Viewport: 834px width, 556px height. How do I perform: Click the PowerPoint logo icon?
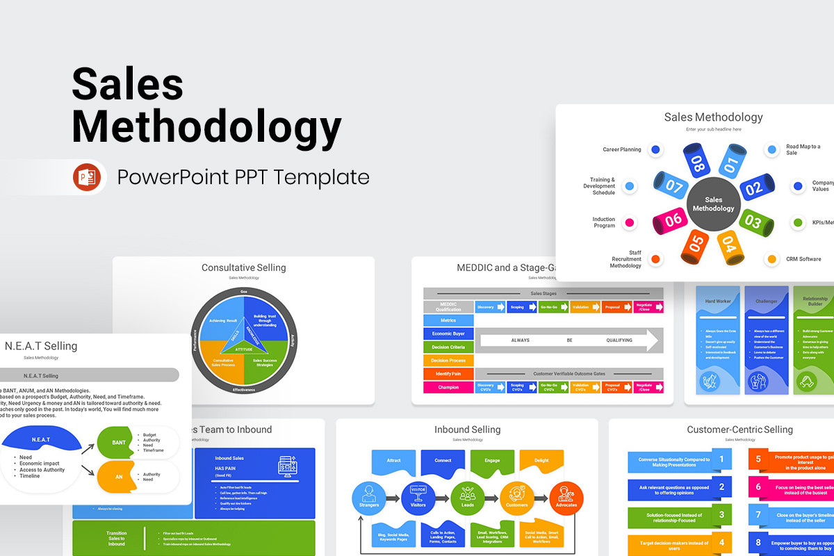point(87,177)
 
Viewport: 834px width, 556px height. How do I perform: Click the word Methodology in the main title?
point(206,127)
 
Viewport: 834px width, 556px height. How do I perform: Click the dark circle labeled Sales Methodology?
point(713,204)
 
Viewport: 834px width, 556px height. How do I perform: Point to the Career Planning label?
point(621,149)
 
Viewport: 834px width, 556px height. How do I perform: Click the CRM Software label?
point(803,259)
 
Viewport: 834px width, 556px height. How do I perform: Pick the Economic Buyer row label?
point(448,334)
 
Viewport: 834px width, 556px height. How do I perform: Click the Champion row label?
point(448,387)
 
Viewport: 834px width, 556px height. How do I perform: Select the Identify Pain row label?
point(448,374)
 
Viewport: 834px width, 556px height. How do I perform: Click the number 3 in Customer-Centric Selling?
point(722,515)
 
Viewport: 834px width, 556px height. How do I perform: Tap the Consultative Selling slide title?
point(243,268)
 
